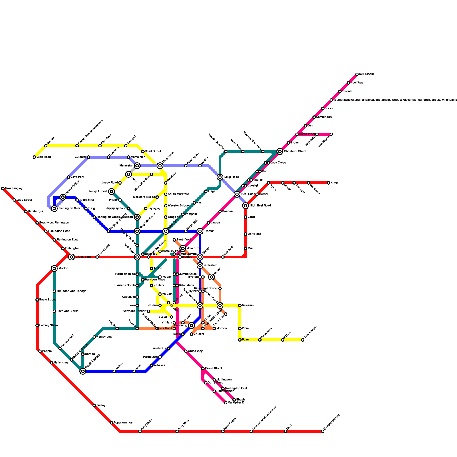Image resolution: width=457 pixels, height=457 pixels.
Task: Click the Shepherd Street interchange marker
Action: point(280,151)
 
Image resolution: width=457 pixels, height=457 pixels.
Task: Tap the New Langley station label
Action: point(14,189)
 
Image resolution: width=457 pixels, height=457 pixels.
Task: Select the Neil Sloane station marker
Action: point(357,74)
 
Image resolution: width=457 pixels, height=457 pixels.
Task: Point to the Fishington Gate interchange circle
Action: point(54,209)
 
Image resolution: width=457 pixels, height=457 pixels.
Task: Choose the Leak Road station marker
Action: point(34,157)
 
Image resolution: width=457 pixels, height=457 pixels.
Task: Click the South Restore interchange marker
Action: point(83,371)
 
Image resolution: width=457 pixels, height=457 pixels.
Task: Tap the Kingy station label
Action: point(334,183)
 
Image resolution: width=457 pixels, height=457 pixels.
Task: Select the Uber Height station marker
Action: point(303,340)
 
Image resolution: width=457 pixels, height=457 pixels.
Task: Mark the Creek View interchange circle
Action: point(71,257)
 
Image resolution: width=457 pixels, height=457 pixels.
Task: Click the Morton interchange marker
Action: point(54,268)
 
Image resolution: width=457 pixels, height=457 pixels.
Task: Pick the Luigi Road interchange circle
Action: point(220,177)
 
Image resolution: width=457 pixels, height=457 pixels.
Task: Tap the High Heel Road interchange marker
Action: point(246,206)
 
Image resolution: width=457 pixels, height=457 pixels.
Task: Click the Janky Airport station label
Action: point(98,191)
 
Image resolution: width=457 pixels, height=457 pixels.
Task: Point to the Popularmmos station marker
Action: point(111,423)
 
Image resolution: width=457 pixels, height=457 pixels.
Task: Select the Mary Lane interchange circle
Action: point(160,166)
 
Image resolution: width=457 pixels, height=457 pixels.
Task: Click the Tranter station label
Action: point(209,231)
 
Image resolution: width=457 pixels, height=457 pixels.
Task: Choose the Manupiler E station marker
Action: point(226,403)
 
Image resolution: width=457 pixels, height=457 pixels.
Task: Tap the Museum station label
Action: point(248,306)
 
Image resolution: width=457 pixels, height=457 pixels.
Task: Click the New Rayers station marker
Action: point(331,134)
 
